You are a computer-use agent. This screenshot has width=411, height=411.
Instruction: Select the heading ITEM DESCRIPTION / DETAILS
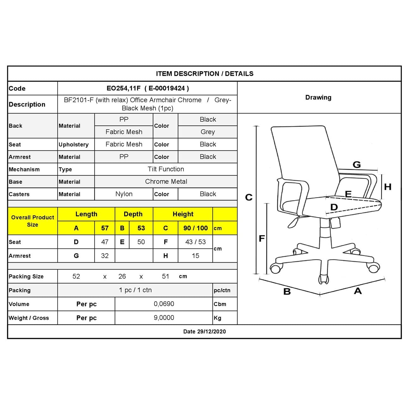pyautogui.click(x=205, y=74)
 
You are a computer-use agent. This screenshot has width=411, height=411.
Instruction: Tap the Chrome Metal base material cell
pyautogui.click(x=166, y=182)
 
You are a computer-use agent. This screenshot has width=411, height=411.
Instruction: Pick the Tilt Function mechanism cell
pyautogui.click(x=166, y=169)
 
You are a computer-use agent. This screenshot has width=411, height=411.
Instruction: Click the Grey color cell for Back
pyautogui.click(x=208, y=132)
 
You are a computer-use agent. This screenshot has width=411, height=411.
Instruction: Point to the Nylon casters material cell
pyautogui.click(x=124, y=194)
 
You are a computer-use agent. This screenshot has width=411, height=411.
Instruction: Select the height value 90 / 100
pyautogui.click(x=195, y=228)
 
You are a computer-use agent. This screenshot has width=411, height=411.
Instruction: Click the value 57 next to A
pyautogui.click(x=105, y=228)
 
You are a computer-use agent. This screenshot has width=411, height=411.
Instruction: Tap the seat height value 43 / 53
pyautogui.click(x=195, y=242)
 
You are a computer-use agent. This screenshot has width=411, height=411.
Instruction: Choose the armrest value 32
pyautogui.click(x=105, y=256)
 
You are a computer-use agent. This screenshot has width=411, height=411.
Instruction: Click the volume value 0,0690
pyautogui.click(x=164, y=304)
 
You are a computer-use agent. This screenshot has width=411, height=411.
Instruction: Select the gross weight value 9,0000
pyautogui.click(x=164, y=318)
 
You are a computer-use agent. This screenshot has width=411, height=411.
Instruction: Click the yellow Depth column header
pyautogui.click(x=133, y=214)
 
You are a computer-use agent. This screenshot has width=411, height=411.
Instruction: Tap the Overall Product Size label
pyautogui.click(x=33, y=221)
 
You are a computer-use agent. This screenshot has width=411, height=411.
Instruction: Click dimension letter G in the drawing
pyautogui.click(x=357, y=165)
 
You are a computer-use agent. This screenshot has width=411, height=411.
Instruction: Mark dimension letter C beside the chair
pyautogui.click(x=249, y=198)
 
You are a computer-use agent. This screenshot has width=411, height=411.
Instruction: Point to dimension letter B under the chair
pyautogui.click(x=287, y=291)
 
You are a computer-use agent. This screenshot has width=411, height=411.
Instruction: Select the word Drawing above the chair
pyautogui.click(x=318, y=97)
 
